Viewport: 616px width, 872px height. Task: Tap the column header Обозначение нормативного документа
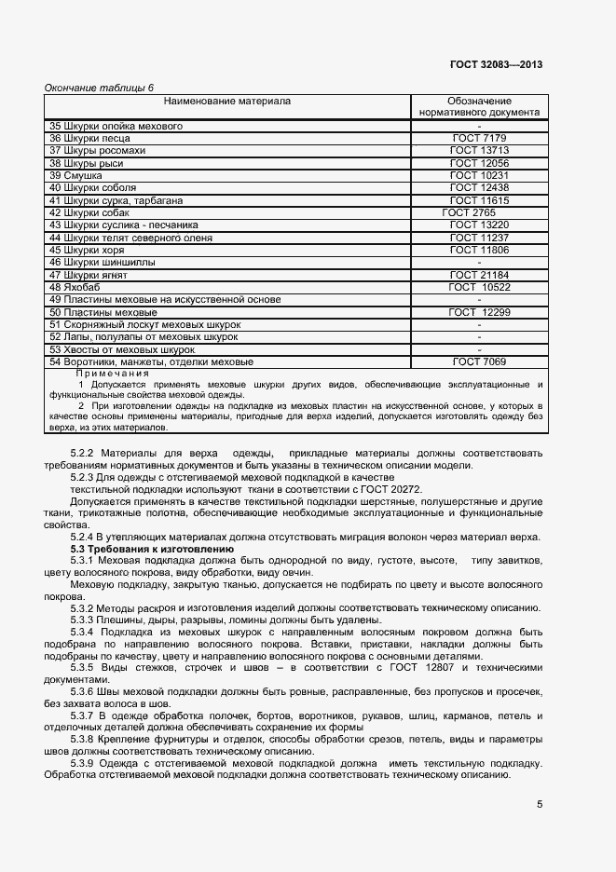(479, 106)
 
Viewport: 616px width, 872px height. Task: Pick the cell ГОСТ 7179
(479, 138)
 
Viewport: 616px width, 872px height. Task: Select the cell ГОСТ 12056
(479, 163)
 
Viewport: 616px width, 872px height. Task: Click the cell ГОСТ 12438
(479, 188)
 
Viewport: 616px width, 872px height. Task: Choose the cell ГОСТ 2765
(470, 212)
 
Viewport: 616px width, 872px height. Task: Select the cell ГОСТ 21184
(479, 275)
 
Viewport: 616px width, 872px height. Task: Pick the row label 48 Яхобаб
(74, 287)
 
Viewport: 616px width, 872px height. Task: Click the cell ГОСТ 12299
(479, 312)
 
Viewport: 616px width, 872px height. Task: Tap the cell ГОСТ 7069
(479, 361)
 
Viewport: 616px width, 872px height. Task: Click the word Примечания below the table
(111, 373)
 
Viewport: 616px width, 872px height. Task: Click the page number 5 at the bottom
(540, 804)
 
